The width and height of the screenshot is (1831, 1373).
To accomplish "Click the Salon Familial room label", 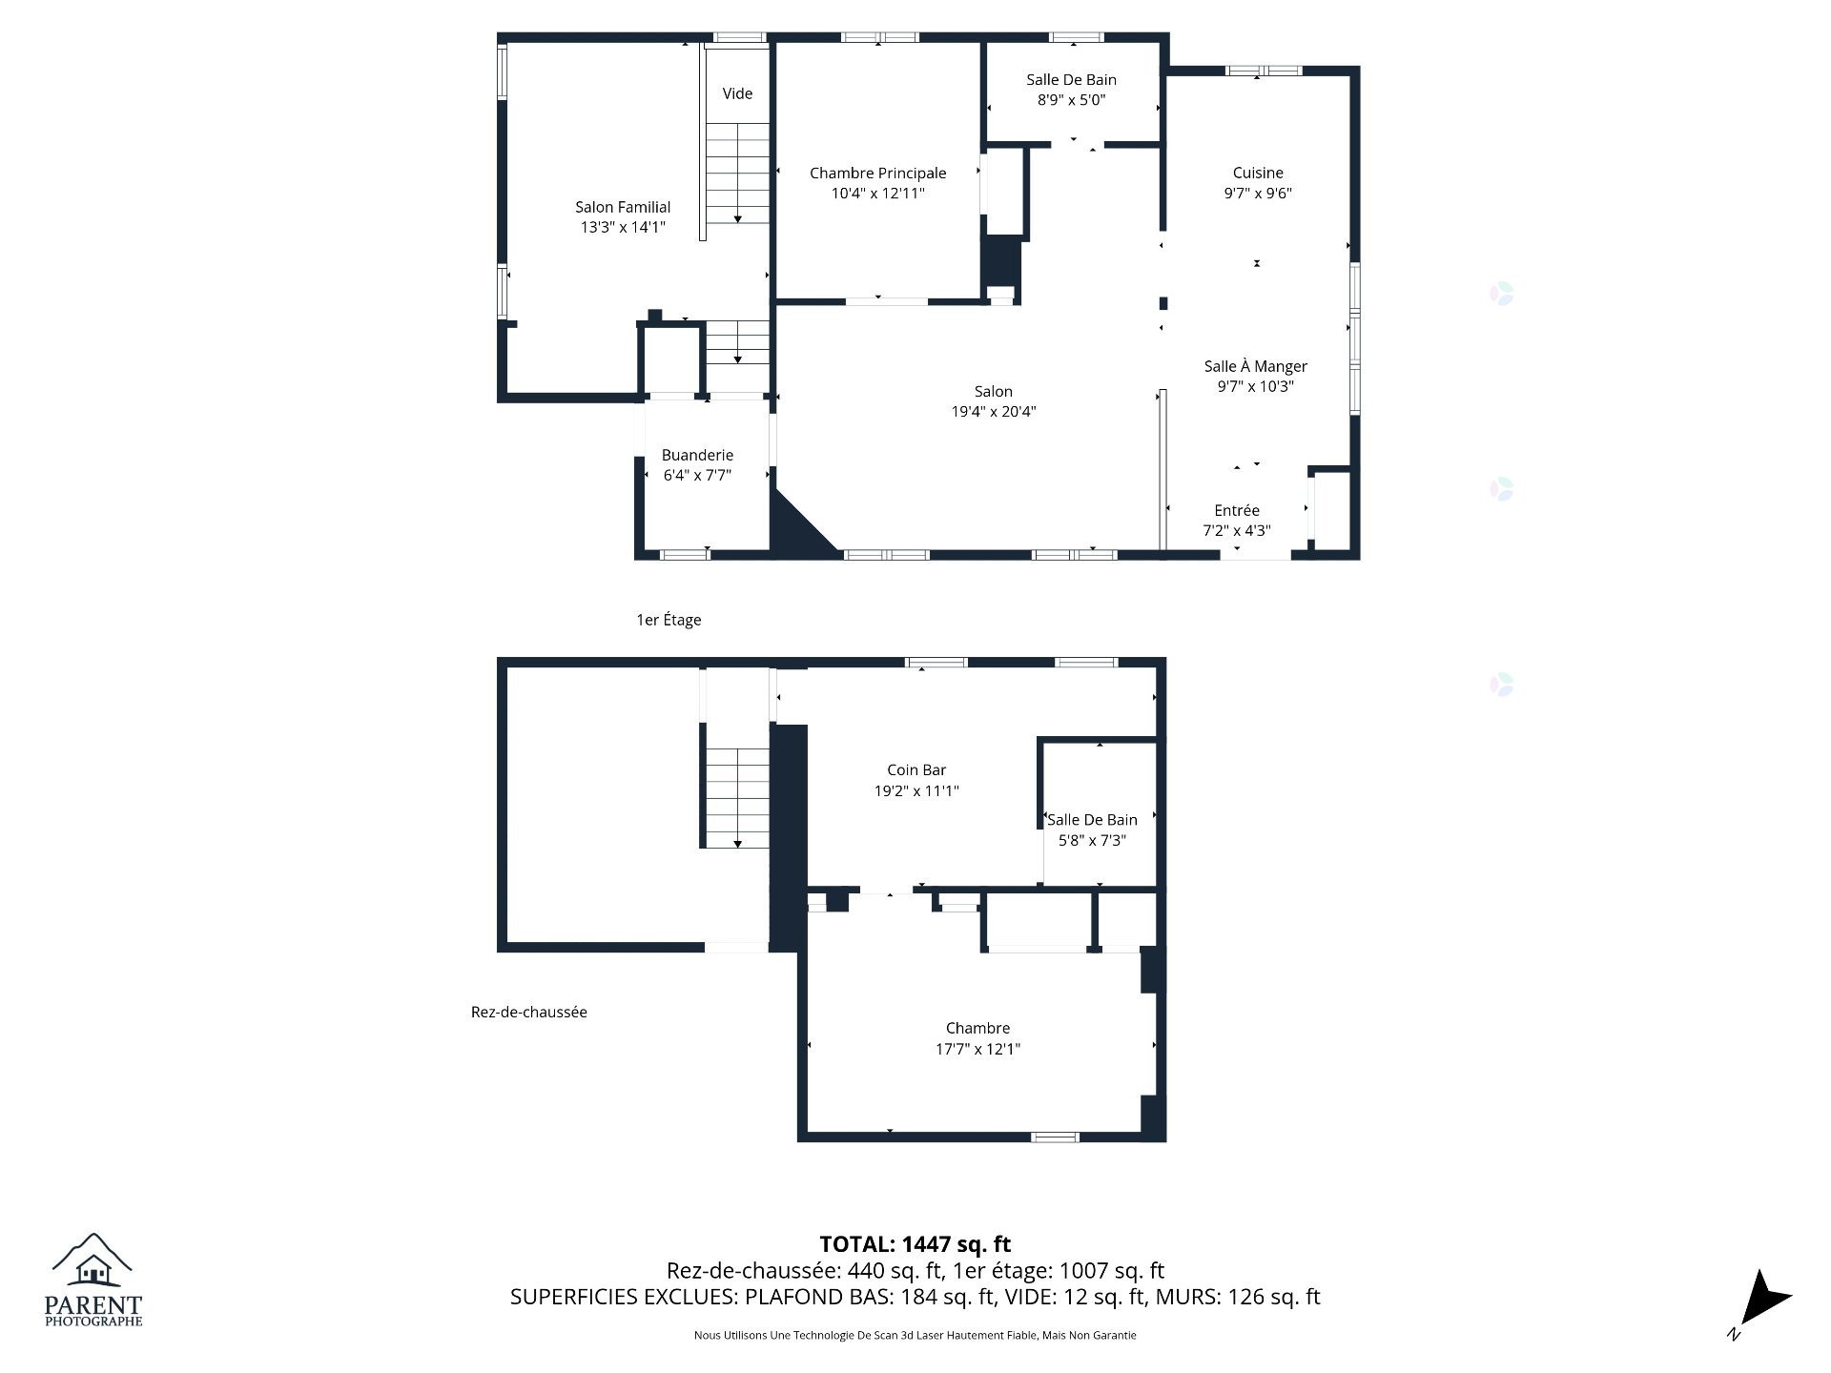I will tap(623, 207).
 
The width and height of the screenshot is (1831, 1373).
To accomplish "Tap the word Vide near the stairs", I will tap(737, 93).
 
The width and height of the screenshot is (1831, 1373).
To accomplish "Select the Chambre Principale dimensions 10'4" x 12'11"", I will tap(877, 194).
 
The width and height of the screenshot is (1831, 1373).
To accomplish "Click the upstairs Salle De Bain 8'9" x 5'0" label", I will tap(1071, 90).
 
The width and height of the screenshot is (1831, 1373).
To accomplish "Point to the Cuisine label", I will tap(1258, 173).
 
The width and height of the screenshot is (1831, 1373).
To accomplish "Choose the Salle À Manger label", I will tap(1255, 366).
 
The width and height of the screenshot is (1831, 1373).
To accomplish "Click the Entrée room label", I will tap(1237, 510).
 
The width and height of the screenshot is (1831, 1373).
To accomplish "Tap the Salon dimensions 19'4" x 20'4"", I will tap(993, 412).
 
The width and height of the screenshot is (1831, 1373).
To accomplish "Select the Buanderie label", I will tap(697, 455).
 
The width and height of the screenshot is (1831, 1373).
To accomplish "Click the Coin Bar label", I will tap(916, 769).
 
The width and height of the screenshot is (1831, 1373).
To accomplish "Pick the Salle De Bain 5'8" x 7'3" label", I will tap(1092, 830).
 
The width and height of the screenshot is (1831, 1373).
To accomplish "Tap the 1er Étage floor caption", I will tap(669, 620).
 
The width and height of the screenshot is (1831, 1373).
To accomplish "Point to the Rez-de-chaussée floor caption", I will tap(528, 1012).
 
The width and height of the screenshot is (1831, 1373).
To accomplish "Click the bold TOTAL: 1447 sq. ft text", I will tap(915, 1243).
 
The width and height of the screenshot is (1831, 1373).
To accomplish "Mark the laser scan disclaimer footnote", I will tap(915, 1335).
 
